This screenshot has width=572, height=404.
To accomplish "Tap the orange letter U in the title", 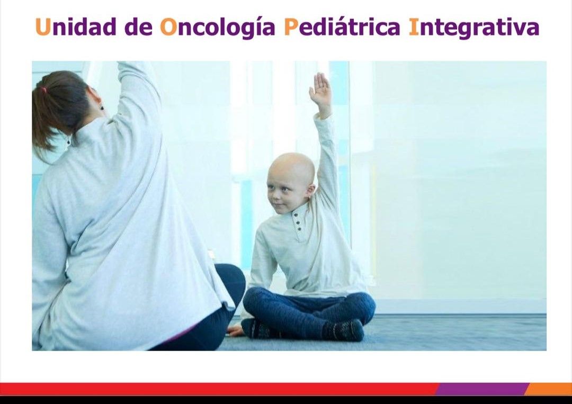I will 42,27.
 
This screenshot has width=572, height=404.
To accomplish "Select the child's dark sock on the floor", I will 344,330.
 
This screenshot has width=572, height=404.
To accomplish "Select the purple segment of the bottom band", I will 482,389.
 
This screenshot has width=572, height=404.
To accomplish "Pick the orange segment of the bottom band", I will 551,389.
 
